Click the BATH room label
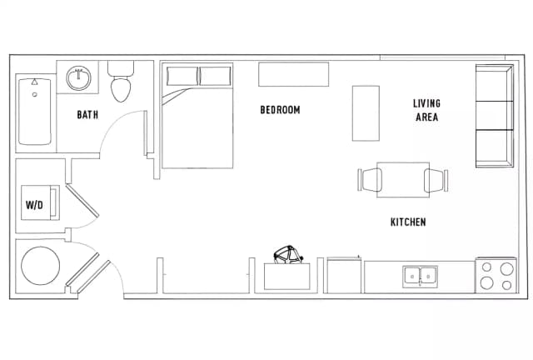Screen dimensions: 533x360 click(x=87, y=115)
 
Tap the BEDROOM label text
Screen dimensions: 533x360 click(x=280, y=110)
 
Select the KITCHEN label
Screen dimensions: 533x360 click(x=408, y=222)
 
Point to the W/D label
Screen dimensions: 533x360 click(x=34, y=205)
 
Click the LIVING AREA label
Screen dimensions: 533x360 click(x=427, y=110)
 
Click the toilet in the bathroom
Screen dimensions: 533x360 click(x=121, y=82)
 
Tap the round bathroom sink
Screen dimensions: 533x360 click(x=78, y=78)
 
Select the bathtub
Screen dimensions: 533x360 click(x=35, y=112)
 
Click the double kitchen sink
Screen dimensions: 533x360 click(x=420, y=277)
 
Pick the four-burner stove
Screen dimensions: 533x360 click(x=496, y=275)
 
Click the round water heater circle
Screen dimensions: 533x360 click(x=41, y=266)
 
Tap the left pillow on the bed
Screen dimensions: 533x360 click(x=182, y=76)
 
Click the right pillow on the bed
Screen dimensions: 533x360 click(x=216, y=76)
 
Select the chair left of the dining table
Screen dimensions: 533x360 click(x=370, y=180)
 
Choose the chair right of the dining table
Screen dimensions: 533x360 click(x=436, y=180)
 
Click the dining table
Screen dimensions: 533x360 click(x=403, y=180)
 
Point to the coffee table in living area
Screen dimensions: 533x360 click(x=366, y=113)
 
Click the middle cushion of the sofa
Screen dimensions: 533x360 click(x=494, y=115)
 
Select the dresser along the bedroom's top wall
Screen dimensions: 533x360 click(x=294, y=74)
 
